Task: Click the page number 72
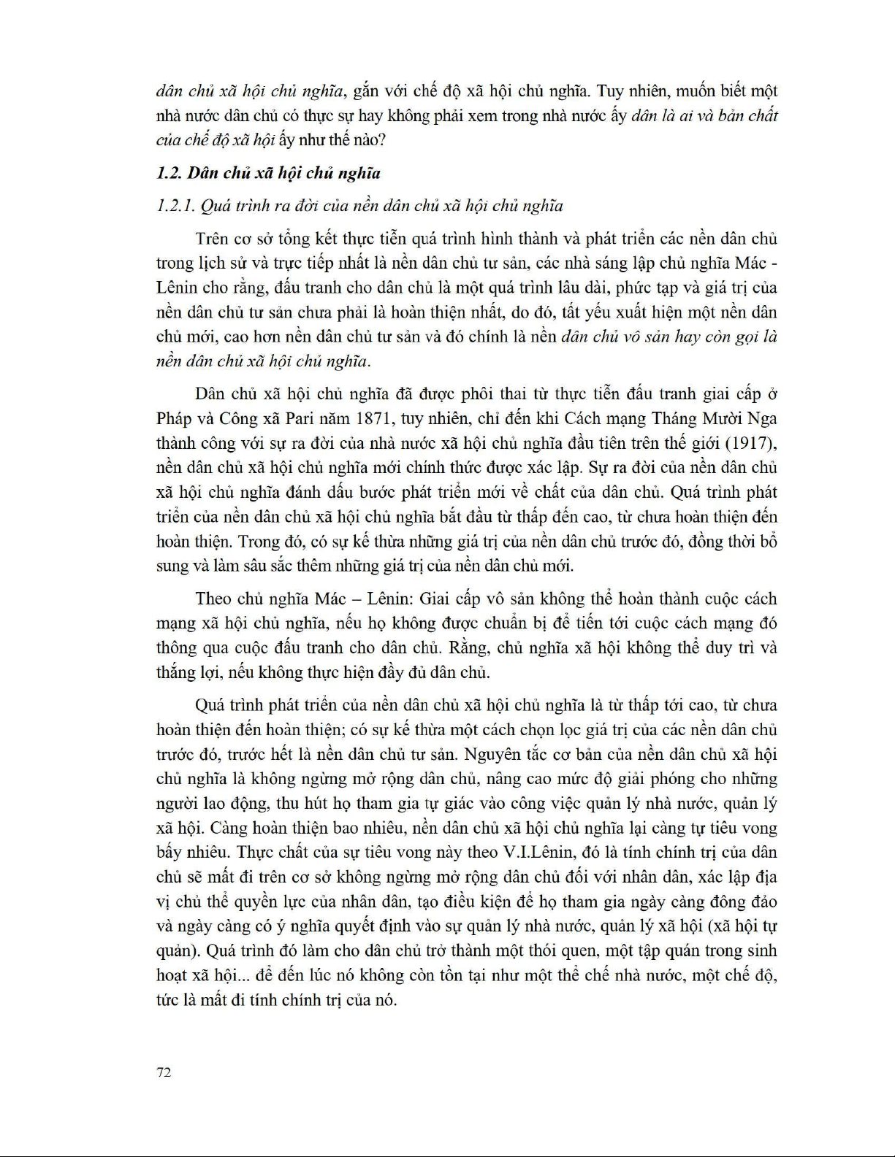coord(164,1072)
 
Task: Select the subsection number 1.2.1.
coord(175,206)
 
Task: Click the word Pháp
coord(174,419)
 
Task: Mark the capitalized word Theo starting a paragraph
coord(213,599)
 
